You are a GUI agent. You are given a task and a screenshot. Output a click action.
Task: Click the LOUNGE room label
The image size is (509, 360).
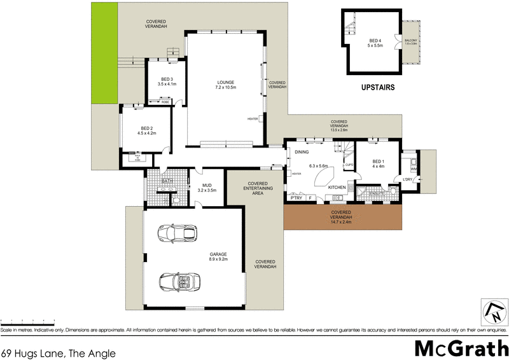226,82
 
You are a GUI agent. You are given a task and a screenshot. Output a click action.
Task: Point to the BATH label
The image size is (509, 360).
167,181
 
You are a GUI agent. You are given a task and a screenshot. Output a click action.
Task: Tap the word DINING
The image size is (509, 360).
302,152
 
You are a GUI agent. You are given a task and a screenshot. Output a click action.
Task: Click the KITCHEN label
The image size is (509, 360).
337,188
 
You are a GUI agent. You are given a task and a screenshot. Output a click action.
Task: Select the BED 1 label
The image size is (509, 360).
379,162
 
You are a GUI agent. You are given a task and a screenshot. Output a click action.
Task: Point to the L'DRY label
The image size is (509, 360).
408,180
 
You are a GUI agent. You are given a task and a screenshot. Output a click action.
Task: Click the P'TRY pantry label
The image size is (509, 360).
295,198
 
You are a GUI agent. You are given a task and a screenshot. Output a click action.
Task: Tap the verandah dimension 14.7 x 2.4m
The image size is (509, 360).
342,222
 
